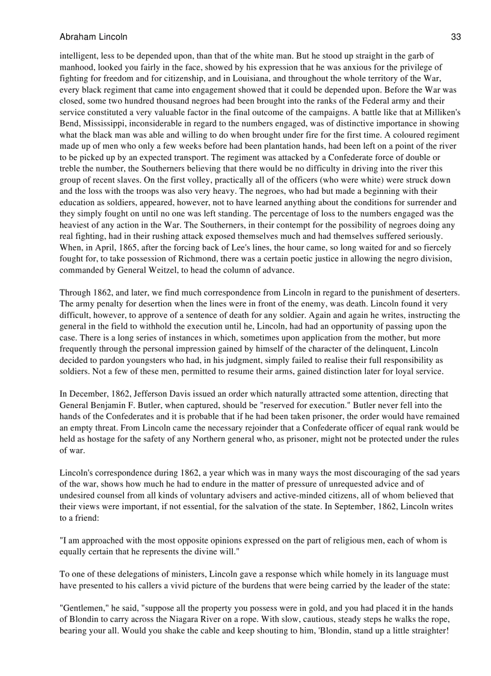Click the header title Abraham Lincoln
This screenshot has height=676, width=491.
(x=93, y=37)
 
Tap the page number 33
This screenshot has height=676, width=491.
(x=455, y=37)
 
